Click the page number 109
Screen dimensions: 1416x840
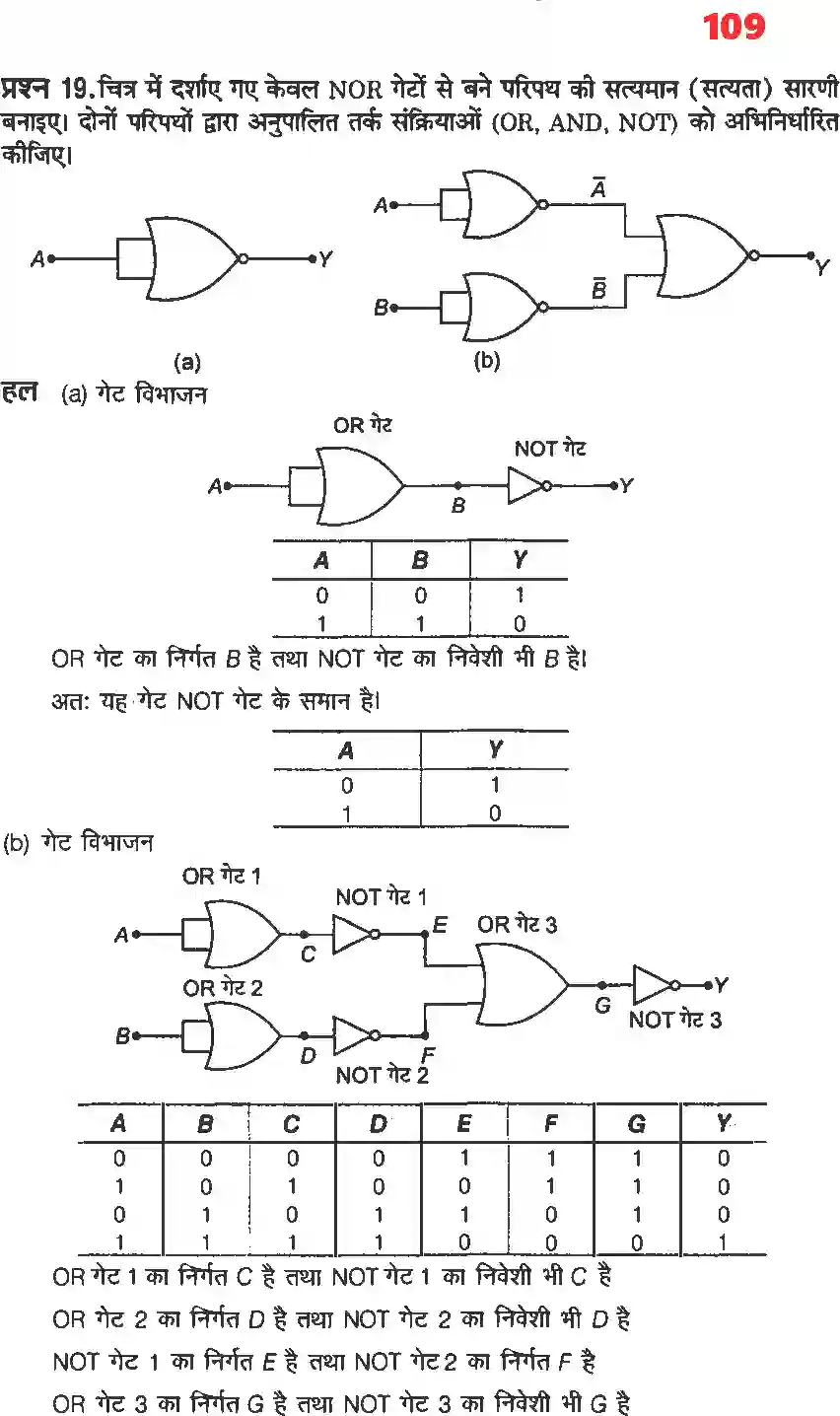coord(735,26)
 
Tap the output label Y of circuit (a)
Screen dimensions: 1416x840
coord(325,259)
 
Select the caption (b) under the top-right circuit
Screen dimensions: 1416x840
coord(487,361)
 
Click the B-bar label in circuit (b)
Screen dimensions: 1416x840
coord(597,289)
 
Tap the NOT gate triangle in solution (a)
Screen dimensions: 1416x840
coord(525,486)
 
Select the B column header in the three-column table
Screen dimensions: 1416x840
coord(420,560)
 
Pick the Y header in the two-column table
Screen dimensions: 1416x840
coord(495,750)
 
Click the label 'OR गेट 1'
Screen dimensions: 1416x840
coord(222,876)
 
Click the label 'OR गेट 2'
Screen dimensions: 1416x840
coord(223,987)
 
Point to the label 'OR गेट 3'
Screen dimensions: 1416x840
coord(517,925)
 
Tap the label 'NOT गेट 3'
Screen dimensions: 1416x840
coord(675,1020)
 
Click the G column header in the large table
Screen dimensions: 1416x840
coord(637,1124)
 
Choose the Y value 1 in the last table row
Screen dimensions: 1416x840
coord(724,1243)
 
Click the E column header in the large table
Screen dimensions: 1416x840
coord(464,1124)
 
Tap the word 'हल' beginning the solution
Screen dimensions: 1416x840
coord(20,391)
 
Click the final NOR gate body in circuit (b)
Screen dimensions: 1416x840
coord(702,255)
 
